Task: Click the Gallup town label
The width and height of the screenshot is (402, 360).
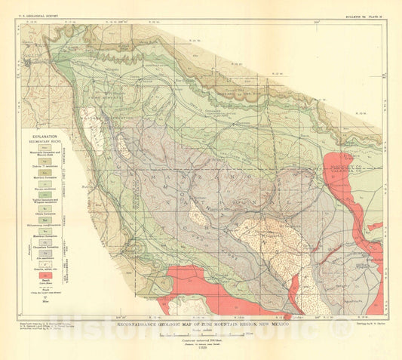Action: click(30, 63)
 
